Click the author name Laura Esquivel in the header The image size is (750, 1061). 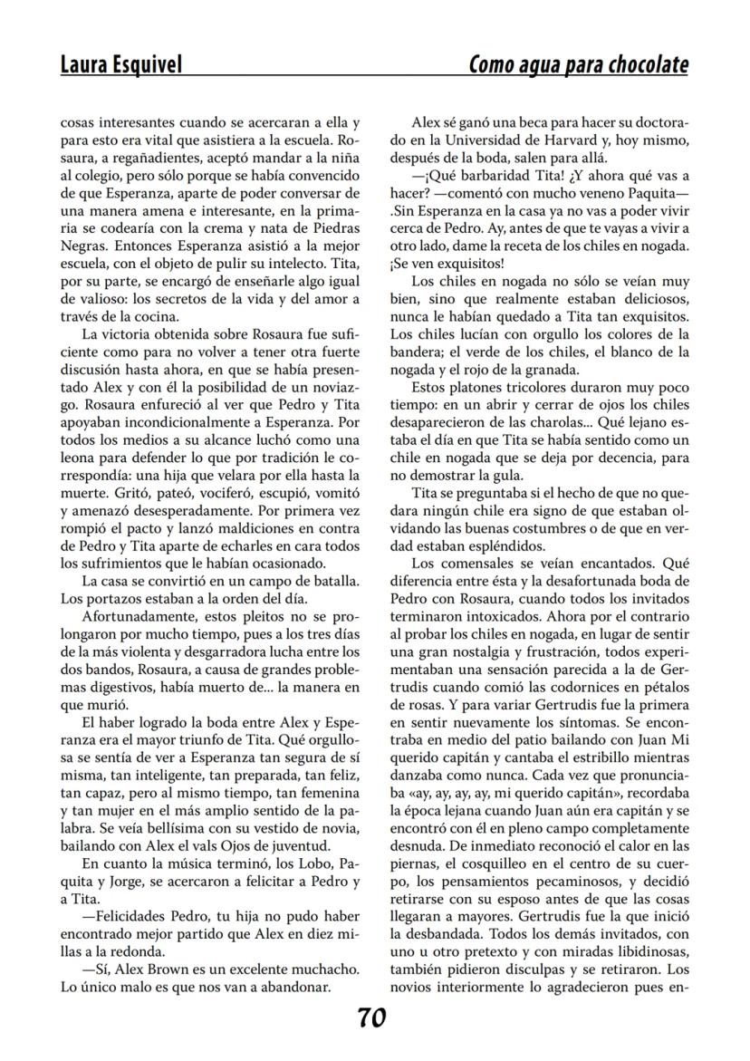point(120,64)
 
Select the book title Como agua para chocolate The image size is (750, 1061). point(578,64)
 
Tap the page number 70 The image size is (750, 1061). point(371,1018)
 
